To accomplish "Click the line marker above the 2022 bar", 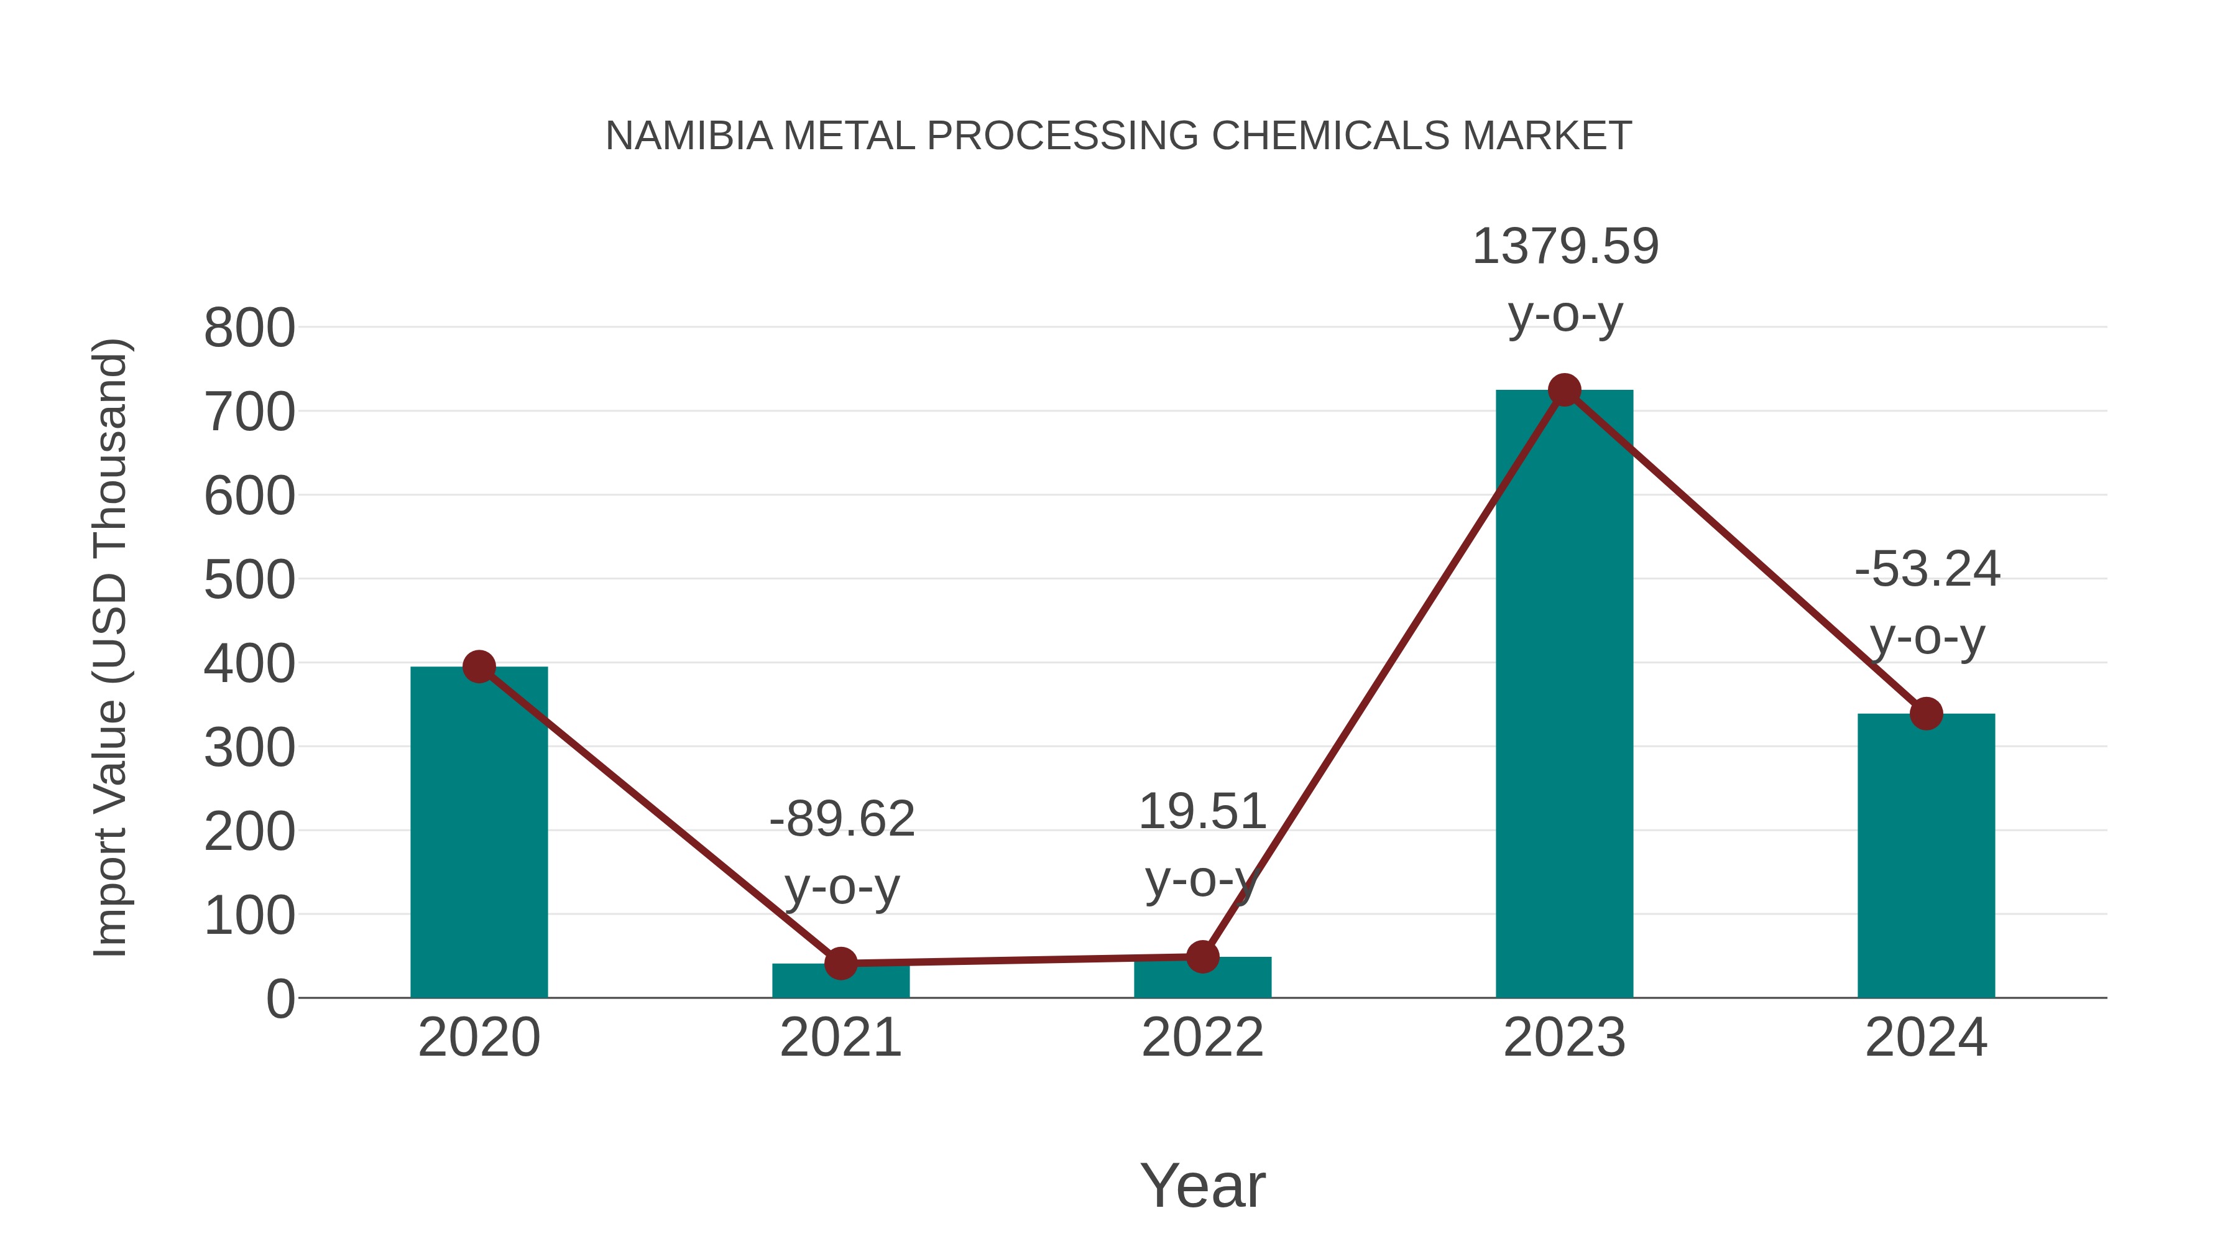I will pyautogui.click(x=1202, y=957).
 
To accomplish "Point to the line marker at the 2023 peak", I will pyautogui.click(x=1564, y=390).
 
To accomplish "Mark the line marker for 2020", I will pyautogui.click(x=479, y=666).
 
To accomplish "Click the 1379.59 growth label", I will pyautogui.click(x=1565, y=247).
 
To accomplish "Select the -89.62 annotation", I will pyautogui.click(x=841, y=819).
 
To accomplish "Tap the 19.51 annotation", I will pyautogui.click(x=1202, y=813).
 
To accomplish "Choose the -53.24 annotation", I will pyautogui.click(x=1927, y=570).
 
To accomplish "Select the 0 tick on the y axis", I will pyautogui.click(x=280, y=998).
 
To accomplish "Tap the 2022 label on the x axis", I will pyautogui.click(x=1202, y=1038).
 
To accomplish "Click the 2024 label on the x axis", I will pyautogui.click(x=1926, y=1038).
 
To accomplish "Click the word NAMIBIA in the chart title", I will pyautogui.click(x=688, y=136).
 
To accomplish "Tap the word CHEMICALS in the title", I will pyautogui.click(x=1330, y=136).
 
